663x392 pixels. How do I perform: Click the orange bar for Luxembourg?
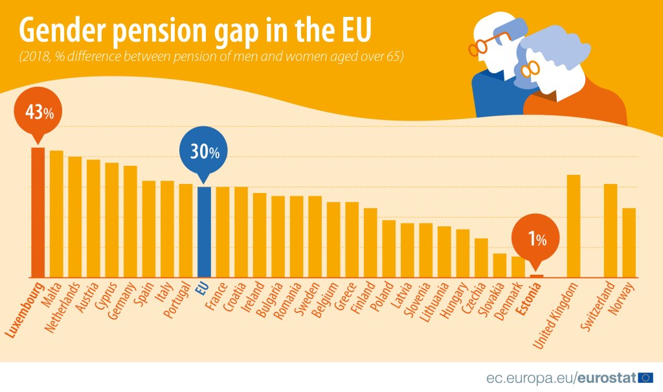[38, 213]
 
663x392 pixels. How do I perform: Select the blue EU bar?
[204, 232]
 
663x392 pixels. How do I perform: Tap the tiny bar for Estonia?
[537, 276]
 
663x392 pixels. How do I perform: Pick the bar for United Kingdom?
[573, 226]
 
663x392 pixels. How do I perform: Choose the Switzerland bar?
[610, 231]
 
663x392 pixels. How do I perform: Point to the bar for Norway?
[629, 242]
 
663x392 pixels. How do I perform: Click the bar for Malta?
[56, 214]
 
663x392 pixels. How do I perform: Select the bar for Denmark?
[518, 267]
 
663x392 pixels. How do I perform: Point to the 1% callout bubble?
[537, 240]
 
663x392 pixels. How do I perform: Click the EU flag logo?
[646, 378]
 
